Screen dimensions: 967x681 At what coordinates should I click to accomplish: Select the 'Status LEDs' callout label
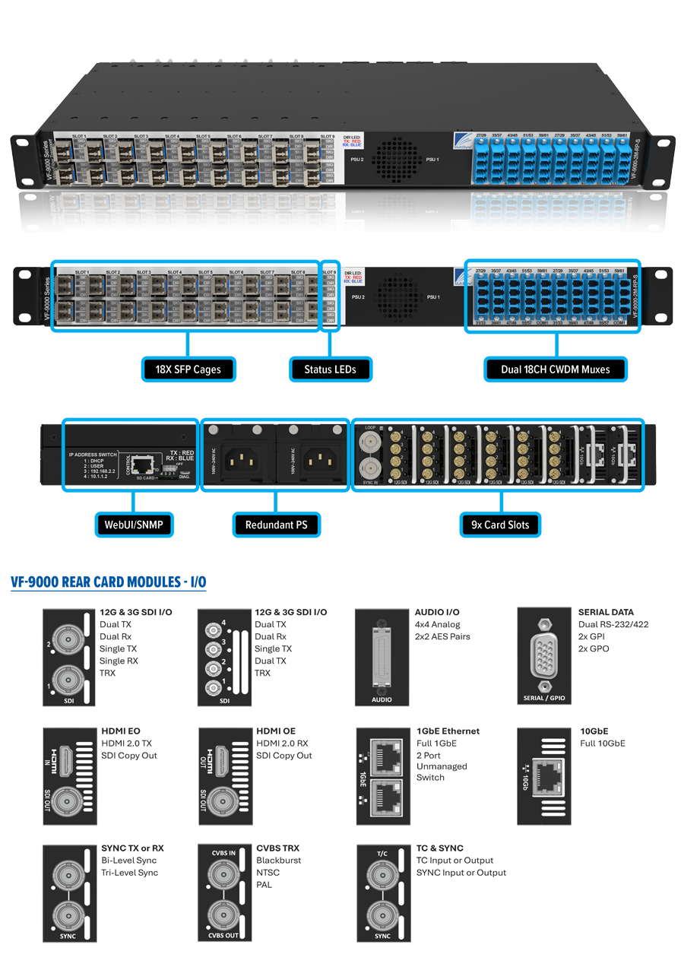tap(330, 369)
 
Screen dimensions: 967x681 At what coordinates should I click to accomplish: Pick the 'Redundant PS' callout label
tap(276, 525)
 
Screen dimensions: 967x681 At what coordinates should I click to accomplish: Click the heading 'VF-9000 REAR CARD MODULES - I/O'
tap(108, 582)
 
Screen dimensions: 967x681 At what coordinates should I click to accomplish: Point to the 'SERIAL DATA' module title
tap(605, 612)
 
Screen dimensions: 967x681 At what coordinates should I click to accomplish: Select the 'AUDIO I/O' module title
tap(437, 612)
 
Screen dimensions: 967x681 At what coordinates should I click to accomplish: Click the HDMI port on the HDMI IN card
tap(66, 757)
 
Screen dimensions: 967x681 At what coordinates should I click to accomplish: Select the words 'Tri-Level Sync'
tap(129, 873)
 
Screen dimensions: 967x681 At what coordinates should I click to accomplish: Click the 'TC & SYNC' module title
tap(439, 848)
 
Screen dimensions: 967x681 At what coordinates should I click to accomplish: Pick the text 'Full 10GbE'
tap(602, 743)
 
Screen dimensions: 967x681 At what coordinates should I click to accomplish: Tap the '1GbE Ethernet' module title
tap(448, 731)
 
